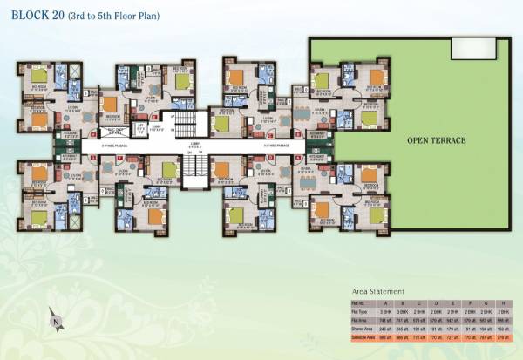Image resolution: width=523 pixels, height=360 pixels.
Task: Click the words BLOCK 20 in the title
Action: point(34,16)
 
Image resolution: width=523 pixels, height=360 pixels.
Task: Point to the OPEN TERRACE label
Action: point(437,139)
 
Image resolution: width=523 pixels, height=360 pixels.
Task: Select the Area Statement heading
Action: point(378,290)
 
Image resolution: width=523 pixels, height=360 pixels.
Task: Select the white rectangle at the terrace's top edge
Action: point(470,49)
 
